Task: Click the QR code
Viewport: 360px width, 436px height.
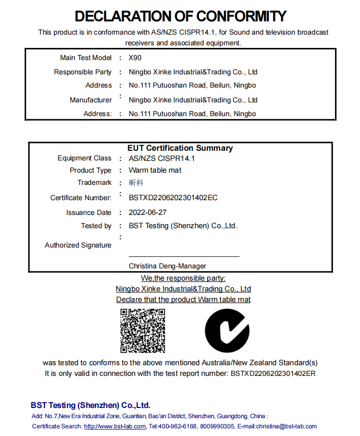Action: tap(143, 331)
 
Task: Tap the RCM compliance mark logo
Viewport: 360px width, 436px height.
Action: tap(227, 331)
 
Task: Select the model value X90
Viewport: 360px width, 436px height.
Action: tap(135, 58)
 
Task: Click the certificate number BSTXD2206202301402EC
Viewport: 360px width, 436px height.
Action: tap(173, 198)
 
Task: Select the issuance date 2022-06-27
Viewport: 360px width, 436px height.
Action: tap(148, 212)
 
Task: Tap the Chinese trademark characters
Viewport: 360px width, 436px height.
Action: tap(136, 183)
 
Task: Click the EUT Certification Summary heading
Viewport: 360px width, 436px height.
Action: tap(180, 148)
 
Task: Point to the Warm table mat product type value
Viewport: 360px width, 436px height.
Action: tap(155, 170)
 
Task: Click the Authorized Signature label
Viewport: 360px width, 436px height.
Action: tap(78, 245)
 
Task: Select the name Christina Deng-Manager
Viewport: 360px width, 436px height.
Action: tap(168, 266)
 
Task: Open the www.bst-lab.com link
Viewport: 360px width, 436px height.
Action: tap(115, 426)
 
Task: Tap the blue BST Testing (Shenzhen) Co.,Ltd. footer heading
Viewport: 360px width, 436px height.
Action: tap(91, 405)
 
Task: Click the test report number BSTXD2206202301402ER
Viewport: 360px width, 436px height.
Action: tap(273, 373)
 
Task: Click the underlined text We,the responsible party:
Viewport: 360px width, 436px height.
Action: tap(183, 278)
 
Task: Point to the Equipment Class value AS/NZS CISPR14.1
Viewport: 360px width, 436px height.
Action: tap(161, 158)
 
